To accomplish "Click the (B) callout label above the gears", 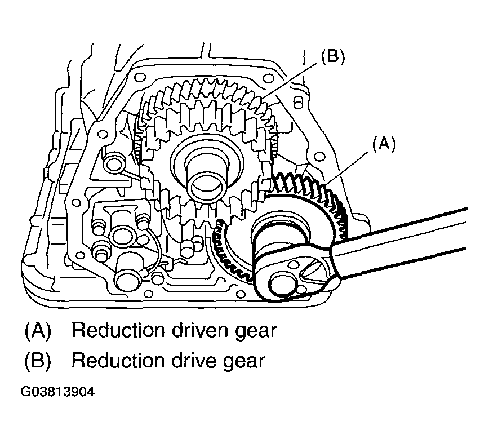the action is point(333,57).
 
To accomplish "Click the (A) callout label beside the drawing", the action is point(384,144).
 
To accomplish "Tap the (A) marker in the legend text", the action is point(38,330).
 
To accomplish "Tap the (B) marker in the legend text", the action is point(38,361).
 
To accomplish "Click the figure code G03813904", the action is point(57,392).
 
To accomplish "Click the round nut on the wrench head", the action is point(282,285).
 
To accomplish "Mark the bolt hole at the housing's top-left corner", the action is point(139,77).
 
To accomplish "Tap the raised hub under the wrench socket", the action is point(279,231).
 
